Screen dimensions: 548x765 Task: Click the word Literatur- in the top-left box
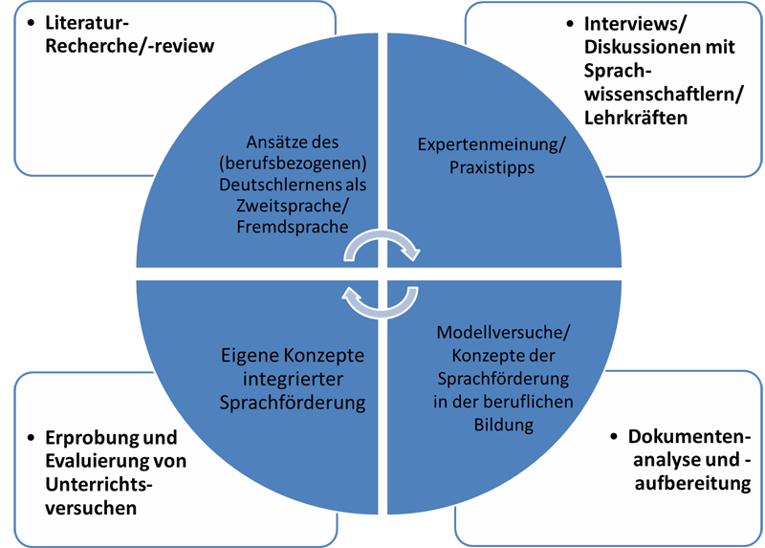coord(87,22)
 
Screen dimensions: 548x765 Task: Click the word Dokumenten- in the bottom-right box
coord(684,437)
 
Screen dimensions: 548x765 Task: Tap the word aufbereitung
coord(693,483)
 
